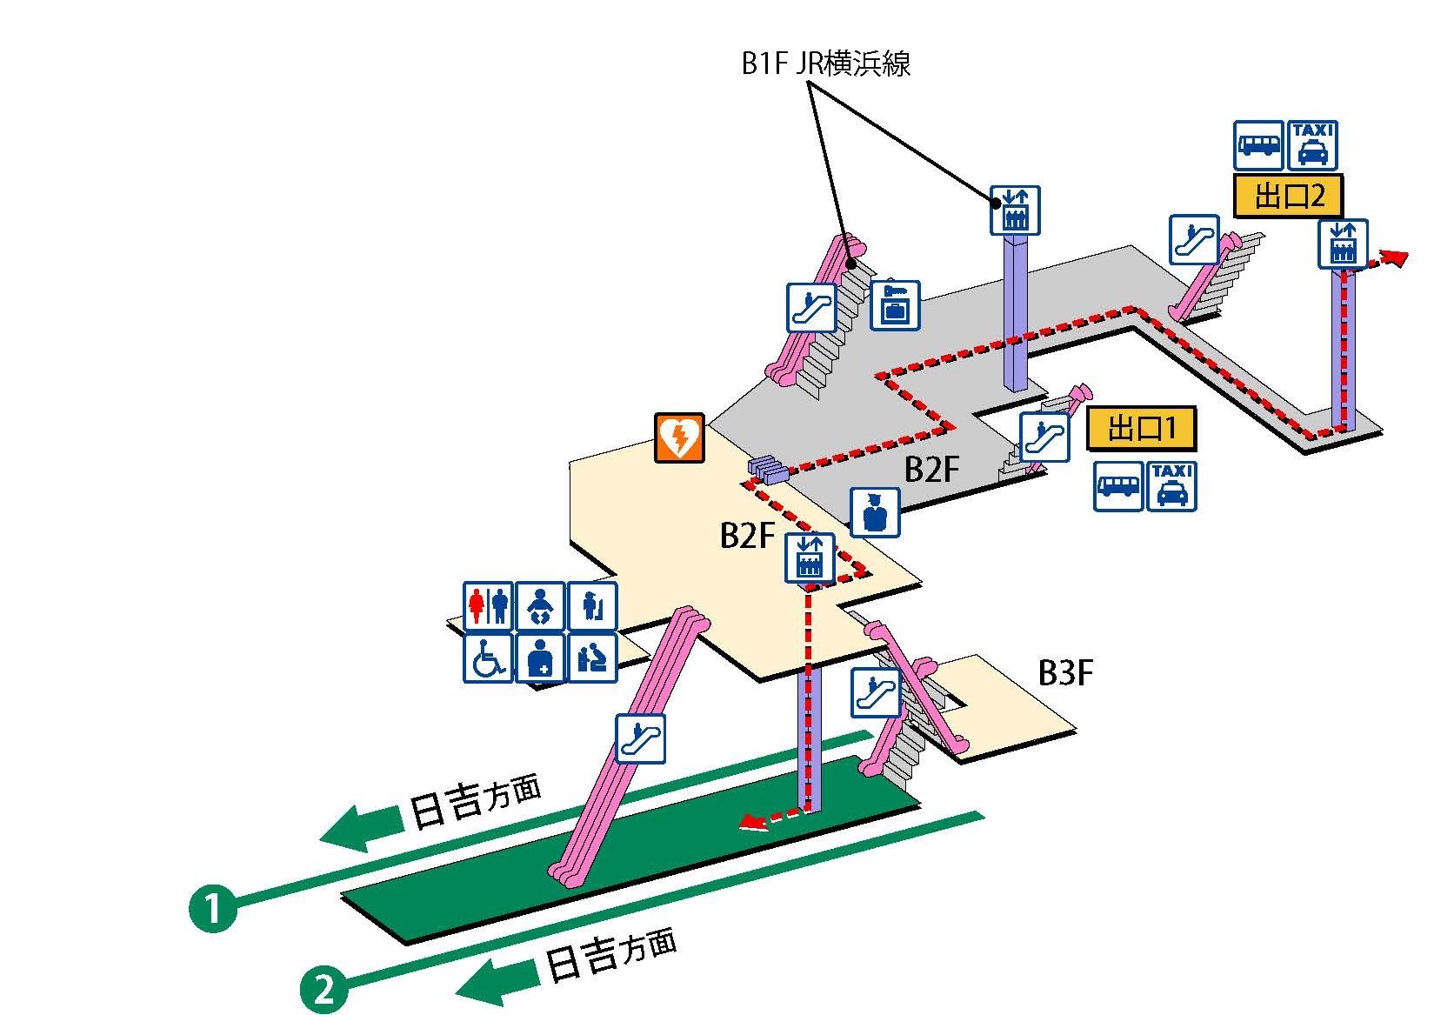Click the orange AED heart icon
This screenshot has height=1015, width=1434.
click(x=679, y=437)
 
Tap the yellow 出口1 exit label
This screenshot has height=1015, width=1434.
click(x=1141, y=430)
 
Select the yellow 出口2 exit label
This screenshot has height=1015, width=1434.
click(x=1289, y=196)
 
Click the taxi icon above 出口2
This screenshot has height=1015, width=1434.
click(x=1311, y=145)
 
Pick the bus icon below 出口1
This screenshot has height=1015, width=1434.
click(x=1118, y=486)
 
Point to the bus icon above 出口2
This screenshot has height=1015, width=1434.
click(x=1258, y=145)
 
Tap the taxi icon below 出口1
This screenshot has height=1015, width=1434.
click(x=1171, y=486)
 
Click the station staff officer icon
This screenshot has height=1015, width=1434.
click(x=875, y=512)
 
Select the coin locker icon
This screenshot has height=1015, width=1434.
click(x=895, y=304)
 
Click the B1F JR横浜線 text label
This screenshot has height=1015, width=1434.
click(x=825, y=64)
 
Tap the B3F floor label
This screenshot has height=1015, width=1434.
click(x=1065, y=672)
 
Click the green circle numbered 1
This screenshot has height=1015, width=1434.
click(x=212, y=908)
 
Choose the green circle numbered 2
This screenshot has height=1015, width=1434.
click(x=323, y=990)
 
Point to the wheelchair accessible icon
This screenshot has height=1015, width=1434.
click(x=487, y=658)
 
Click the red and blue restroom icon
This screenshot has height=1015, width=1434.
click(x=487, y=606)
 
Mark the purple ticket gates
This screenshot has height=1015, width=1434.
click(x=767, y=469)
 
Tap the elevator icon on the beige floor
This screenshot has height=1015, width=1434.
click(x=810, y=558)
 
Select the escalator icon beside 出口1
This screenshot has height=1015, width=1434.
click(x=1044, y=437)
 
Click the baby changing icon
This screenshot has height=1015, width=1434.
click(x=540, y=606)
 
